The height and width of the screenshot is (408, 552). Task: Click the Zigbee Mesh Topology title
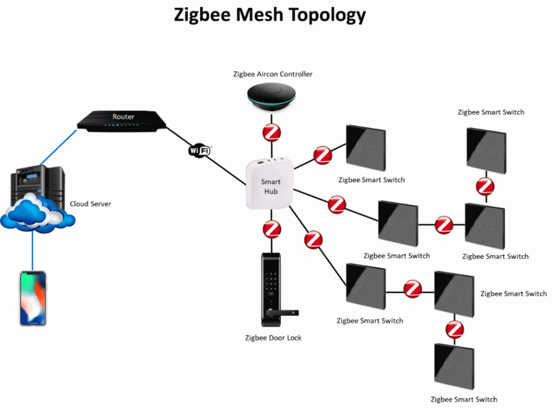pyautogui.click(x=270, y=15)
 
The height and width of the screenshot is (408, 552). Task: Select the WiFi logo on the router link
pyautogui.click(x=199, y=150)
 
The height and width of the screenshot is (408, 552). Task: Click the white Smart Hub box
pyautogui.click(x=271, y=184)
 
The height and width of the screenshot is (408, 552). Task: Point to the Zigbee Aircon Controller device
pyautogui.click(x=271, y=96)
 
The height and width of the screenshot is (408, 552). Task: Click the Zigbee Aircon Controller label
pyautogui.click(x=273, y=74)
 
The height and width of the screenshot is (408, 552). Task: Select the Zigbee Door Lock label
pyautogui.click(x=273, y=338)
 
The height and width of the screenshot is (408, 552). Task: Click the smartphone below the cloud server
pyautogui.click(x=33, y=298)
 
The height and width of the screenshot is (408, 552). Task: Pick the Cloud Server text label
pyautogui.click(x=90, y=204)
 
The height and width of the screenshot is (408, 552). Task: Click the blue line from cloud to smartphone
pyautogui.click(x=32, y=250)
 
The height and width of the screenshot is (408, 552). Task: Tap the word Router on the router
pyautogui.click(x=123, y=116)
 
